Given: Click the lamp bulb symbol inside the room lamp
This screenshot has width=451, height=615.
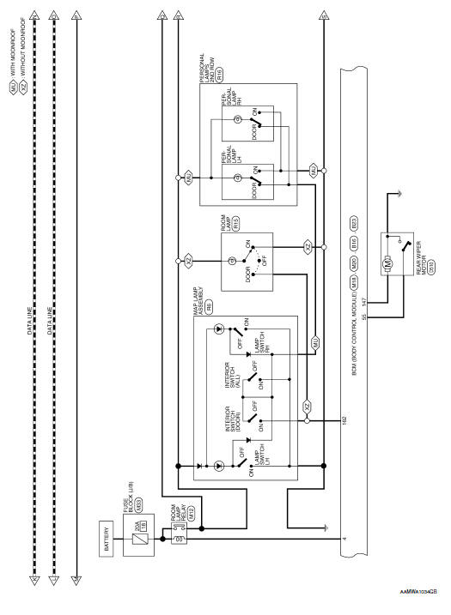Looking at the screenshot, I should tap(232, 261).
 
